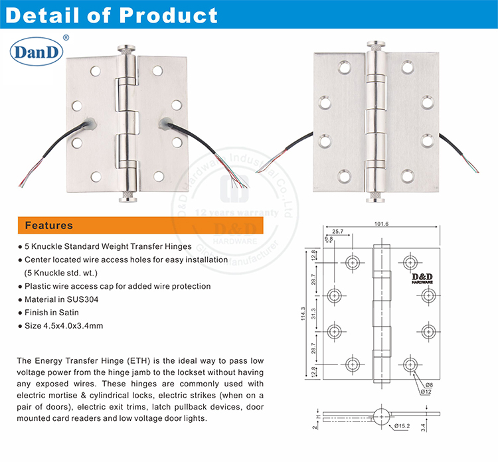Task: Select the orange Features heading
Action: click(49, 225)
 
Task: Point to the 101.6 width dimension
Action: click(380, 224)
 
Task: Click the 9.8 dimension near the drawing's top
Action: click(329, 238)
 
